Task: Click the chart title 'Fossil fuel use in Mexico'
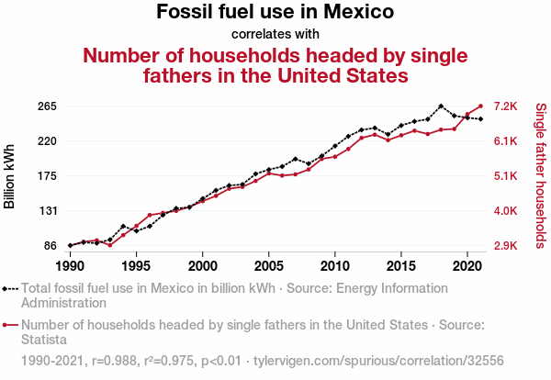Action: point(275,13)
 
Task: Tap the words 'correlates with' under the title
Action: point(275,35)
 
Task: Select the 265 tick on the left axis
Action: point(48,106)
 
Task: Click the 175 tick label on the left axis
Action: point(48,176)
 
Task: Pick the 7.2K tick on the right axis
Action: point(508,106)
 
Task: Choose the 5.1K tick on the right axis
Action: point(508,176)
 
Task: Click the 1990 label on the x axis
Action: point(70,265)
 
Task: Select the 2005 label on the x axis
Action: point(268,265)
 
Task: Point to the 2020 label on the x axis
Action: point(467,265)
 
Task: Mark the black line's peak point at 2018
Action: point(441,106)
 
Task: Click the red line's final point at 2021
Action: point(480,106)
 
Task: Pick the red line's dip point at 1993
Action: point(109,245)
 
